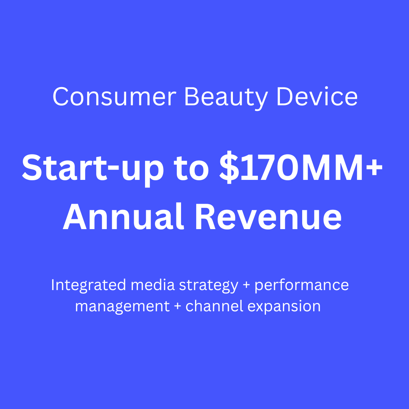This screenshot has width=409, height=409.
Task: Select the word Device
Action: [317, 97]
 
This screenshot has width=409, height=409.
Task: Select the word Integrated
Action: [88, 285]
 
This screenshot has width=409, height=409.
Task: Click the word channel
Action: [214, 306]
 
